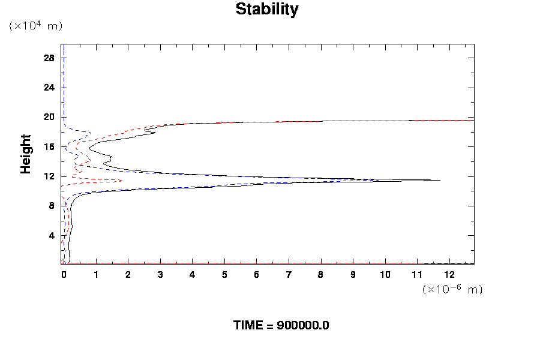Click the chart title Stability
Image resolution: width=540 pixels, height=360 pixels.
[x=267, y=10]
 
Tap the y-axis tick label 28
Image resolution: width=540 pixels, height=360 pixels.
[x=49, y=58]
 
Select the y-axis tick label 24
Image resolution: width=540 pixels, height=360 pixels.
[x=49, y=88]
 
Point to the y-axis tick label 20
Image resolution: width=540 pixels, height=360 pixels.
[x=49, y=117]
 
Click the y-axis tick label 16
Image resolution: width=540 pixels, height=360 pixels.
[x=49, y=146]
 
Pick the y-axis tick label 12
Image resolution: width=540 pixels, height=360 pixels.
[x=49, y=176]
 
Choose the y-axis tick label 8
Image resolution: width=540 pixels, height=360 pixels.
[x=52, y=206]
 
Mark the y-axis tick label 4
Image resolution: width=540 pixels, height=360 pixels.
[x=52, y=235]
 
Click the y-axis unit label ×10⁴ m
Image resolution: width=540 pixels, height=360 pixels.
[x=35, y=26]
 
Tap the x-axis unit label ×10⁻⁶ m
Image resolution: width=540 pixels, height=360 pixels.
[x=452, y=289]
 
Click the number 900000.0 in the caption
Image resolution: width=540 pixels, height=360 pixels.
[x=302, y=326]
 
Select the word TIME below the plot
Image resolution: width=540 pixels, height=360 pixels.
[x=248, y=326]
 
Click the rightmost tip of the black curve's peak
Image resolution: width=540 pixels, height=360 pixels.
[x=440, y=180]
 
